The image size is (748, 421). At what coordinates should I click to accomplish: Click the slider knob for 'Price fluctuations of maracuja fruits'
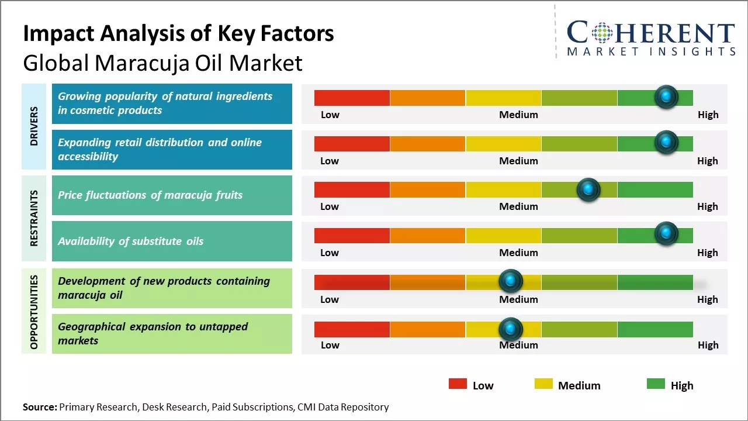point(588,189)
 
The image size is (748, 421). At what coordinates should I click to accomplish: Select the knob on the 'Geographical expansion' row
point(511,329)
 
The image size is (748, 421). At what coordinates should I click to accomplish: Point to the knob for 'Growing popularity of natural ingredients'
point(666,96)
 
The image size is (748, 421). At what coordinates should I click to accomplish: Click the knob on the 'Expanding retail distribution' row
point(666,142)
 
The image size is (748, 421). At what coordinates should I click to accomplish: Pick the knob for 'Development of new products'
point(511,281)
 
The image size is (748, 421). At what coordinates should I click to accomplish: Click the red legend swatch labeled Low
point(458,384)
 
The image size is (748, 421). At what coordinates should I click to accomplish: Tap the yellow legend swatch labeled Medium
point(543,384)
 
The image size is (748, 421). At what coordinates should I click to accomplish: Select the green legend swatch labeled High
point(656,384)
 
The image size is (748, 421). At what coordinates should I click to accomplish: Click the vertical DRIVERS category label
point(34,126)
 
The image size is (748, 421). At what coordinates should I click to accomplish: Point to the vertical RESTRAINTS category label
point(34,218)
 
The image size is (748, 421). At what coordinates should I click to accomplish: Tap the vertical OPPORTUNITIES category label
point(34,312)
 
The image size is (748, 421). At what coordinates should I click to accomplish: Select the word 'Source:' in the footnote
point(40,407)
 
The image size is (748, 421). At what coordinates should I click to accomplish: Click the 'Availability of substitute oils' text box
point(172,241)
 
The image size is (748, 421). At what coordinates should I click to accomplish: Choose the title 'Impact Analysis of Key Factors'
point(178,34)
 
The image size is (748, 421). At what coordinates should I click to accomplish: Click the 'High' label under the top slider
point(708,115)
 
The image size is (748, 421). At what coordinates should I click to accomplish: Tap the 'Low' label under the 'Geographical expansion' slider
point(330,345)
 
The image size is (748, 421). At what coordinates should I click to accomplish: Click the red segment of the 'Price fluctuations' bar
point(352,189)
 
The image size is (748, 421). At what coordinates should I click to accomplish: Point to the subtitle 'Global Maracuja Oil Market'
point(162,63)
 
